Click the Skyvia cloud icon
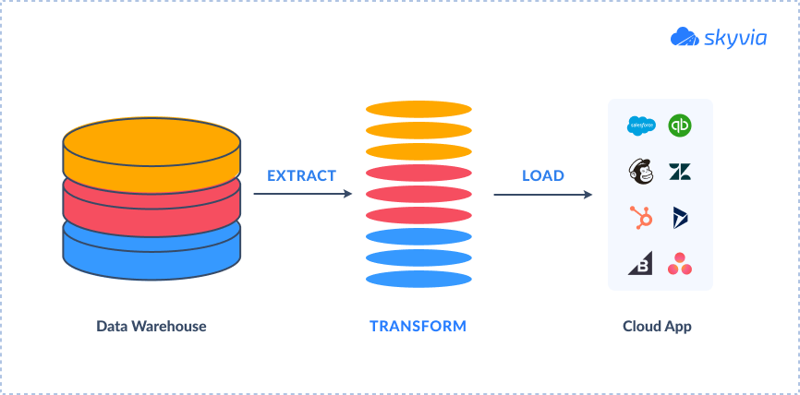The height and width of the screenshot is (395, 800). click(x=685, y=37)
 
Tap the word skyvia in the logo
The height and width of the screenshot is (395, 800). click(x=735, y=39)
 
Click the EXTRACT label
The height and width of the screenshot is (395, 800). click(x=301, y=176)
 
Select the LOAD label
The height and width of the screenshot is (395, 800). click(x=543, y=176)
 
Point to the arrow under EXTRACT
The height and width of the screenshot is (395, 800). click(x=303, y=194)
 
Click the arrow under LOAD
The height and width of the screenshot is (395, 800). click(x=543, y=195)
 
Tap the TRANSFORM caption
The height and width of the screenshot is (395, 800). click(x=418, y=326)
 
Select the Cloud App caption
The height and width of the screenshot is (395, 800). click(x=657, y=326)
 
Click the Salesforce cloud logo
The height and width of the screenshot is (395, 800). click(x=641, y=126)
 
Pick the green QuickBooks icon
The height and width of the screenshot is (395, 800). click(x=680, y=126)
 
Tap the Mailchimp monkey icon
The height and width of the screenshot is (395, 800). click(x=641, y=172)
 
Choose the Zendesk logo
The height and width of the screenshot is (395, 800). click(x=680, y=173)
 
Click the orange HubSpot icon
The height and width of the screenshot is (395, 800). click(x=641, y=218)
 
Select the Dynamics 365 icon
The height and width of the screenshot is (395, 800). click(x=680, y=218)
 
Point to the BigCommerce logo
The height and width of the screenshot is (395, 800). click(x=640, y=264)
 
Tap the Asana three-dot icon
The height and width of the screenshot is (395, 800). click(x=680, y=264)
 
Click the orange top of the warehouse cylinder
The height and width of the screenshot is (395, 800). click(x=152, y=142)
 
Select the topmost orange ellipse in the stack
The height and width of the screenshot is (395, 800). click(x=418, y=110)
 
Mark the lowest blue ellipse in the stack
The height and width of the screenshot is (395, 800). click(x=418, y=280)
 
